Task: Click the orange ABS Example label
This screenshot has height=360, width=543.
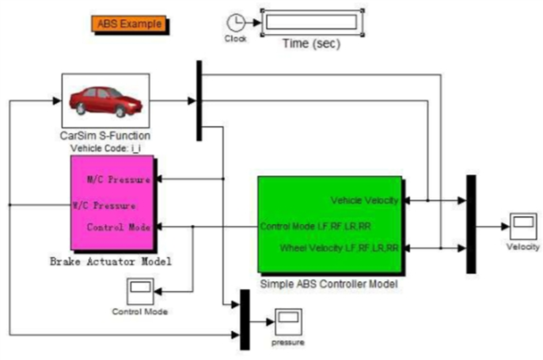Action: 131,24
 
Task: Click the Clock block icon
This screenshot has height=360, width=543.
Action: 235,23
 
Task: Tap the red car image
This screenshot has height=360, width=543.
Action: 105,100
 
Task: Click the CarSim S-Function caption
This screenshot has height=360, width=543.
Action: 104,135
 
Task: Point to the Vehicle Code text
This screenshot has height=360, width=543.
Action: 104,147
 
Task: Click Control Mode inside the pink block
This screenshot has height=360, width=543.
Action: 118,227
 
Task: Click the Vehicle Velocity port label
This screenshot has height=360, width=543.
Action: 365,200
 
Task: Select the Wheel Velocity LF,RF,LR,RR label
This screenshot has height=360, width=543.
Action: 340,248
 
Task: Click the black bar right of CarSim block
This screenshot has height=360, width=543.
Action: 199,98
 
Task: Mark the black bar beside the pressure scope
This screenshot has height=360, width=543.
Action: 245,320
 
